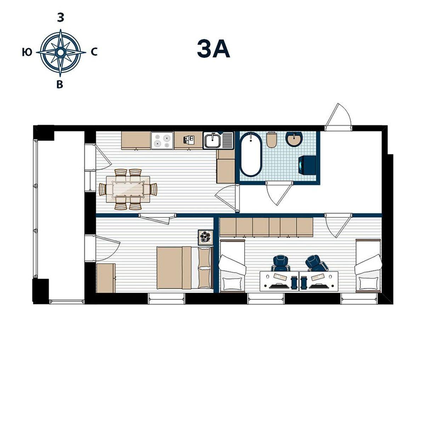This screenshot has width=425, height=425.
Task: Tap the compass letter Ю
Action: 27,52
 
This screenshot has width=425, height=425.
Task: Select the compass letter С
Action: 94,52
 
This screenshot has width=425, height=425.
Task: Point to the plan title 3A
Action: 213,49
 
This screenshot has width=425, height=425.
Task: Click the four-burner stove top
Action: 162,140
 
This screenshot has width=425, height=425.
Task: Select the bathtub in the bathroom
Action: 251,154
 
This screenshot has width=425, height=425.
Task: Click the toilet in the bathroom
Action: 272,140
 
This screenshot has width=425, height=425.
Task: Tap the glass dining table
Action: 128,189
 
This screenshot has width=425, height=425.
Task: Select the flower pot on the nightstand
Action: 205,238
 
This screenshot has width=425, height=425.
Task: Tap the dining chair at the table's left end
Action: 103,189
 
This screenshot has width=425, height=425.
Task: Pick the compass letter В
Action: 60,84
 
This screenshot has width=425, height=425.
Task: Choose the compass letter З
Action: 61,18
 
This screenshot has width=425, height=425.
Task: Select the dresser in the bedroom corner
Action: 106,278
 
